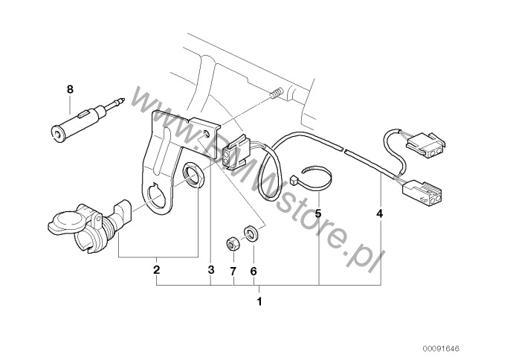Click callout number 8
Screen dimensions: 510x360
point(70,89)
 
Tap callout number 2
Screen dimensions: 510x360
point(156,270)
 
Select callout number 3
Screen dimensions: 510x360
point(211,270)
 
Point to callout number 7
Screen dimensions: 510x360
point(233,271)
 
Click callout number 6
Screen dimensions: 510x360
point(254,271)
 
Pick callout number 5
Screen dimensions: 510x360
point(318,214)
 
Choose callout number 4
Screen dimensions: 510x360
point(380,214)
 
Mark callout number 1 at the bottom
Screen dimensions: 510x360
point(259,302)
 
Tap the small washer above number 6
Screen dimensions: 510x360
point(251,233)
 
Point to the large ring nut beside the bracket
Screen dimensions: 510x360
point(193,176)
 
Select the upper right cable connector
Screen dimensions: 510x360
point(426,144)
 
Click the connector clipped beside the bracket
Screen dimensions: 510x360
point(236,151)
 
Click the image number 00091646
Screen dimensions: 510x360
point(441,349)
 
